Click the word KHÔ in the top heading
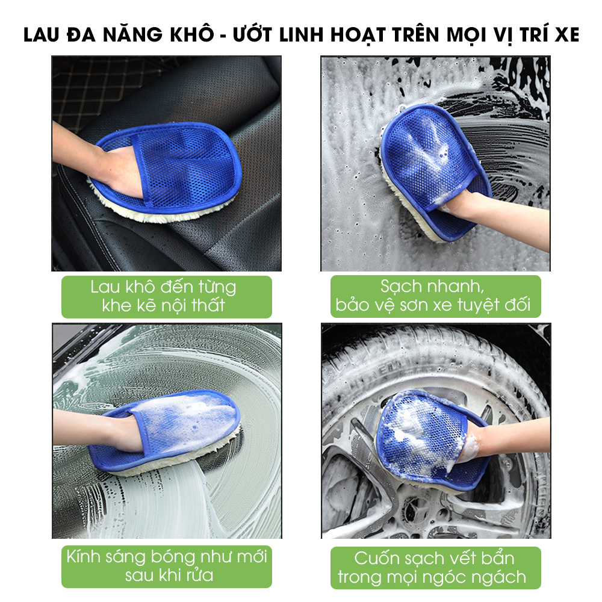[191, 34]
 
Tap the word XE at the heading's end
[567, 35]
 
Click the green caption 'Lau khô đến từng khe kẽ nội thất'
[167, 297]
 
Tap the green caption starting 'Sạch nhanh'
[435, 296]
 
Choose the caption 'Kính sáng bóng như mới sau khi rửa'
[167, 566]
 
